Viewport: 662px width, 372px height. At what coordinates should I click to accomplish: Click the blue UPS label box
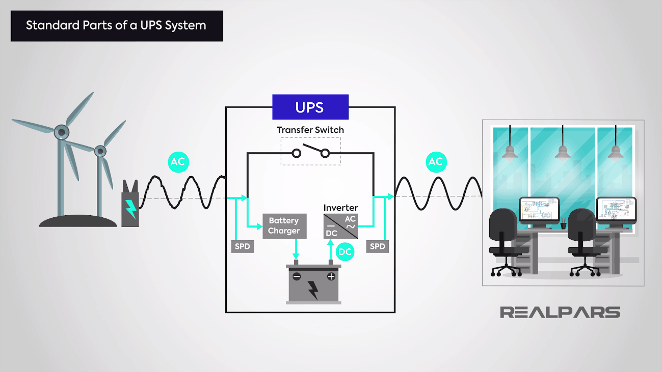tap(310, 107)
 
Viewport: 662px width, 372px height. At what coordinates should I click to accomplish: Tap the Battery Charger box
tap(284, 226)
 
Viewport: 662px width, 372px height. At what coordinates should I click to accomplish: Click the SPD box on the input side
tap(243, 246)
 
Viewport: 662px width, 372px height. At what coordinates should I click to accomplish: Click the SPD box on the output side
tap(377, 246)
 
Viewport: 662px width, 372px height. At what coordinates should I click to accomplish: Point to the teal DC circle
tap(345, 252)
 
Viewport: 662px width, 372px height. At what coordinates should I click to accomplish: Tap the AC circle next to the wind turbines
tap(178, 162)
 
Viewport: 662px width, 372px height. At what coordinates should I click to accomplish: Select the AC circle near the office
tap(435, 162)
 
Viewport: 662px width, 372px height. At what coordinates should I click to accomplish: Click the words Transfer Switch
tap(310, 130)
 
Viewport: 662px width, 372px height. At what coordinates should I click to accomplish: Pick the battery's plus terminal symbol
tap(331, 277)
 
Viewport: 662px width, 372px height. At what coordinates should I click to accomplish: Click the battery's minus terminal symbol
tap(296, 277)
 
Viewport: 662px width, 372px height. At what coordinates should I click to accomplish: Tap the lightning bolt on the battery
tap(313, 290)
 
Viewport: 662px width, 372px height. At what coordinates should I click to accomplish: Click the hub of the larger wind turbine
tap(61, 132)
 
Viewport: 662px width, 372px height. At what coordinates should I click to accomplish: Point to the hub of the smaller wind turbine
tap(100, 151)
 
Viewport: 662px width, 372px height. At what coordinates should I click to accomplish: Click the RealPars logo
tap(560, 312)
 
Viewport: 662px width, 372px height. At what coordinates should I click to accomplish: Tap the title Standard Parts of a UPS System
tap(116, 25)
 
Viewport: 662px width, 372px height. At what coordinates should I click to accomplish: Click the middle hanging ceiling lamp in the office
tap(562, 151)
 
